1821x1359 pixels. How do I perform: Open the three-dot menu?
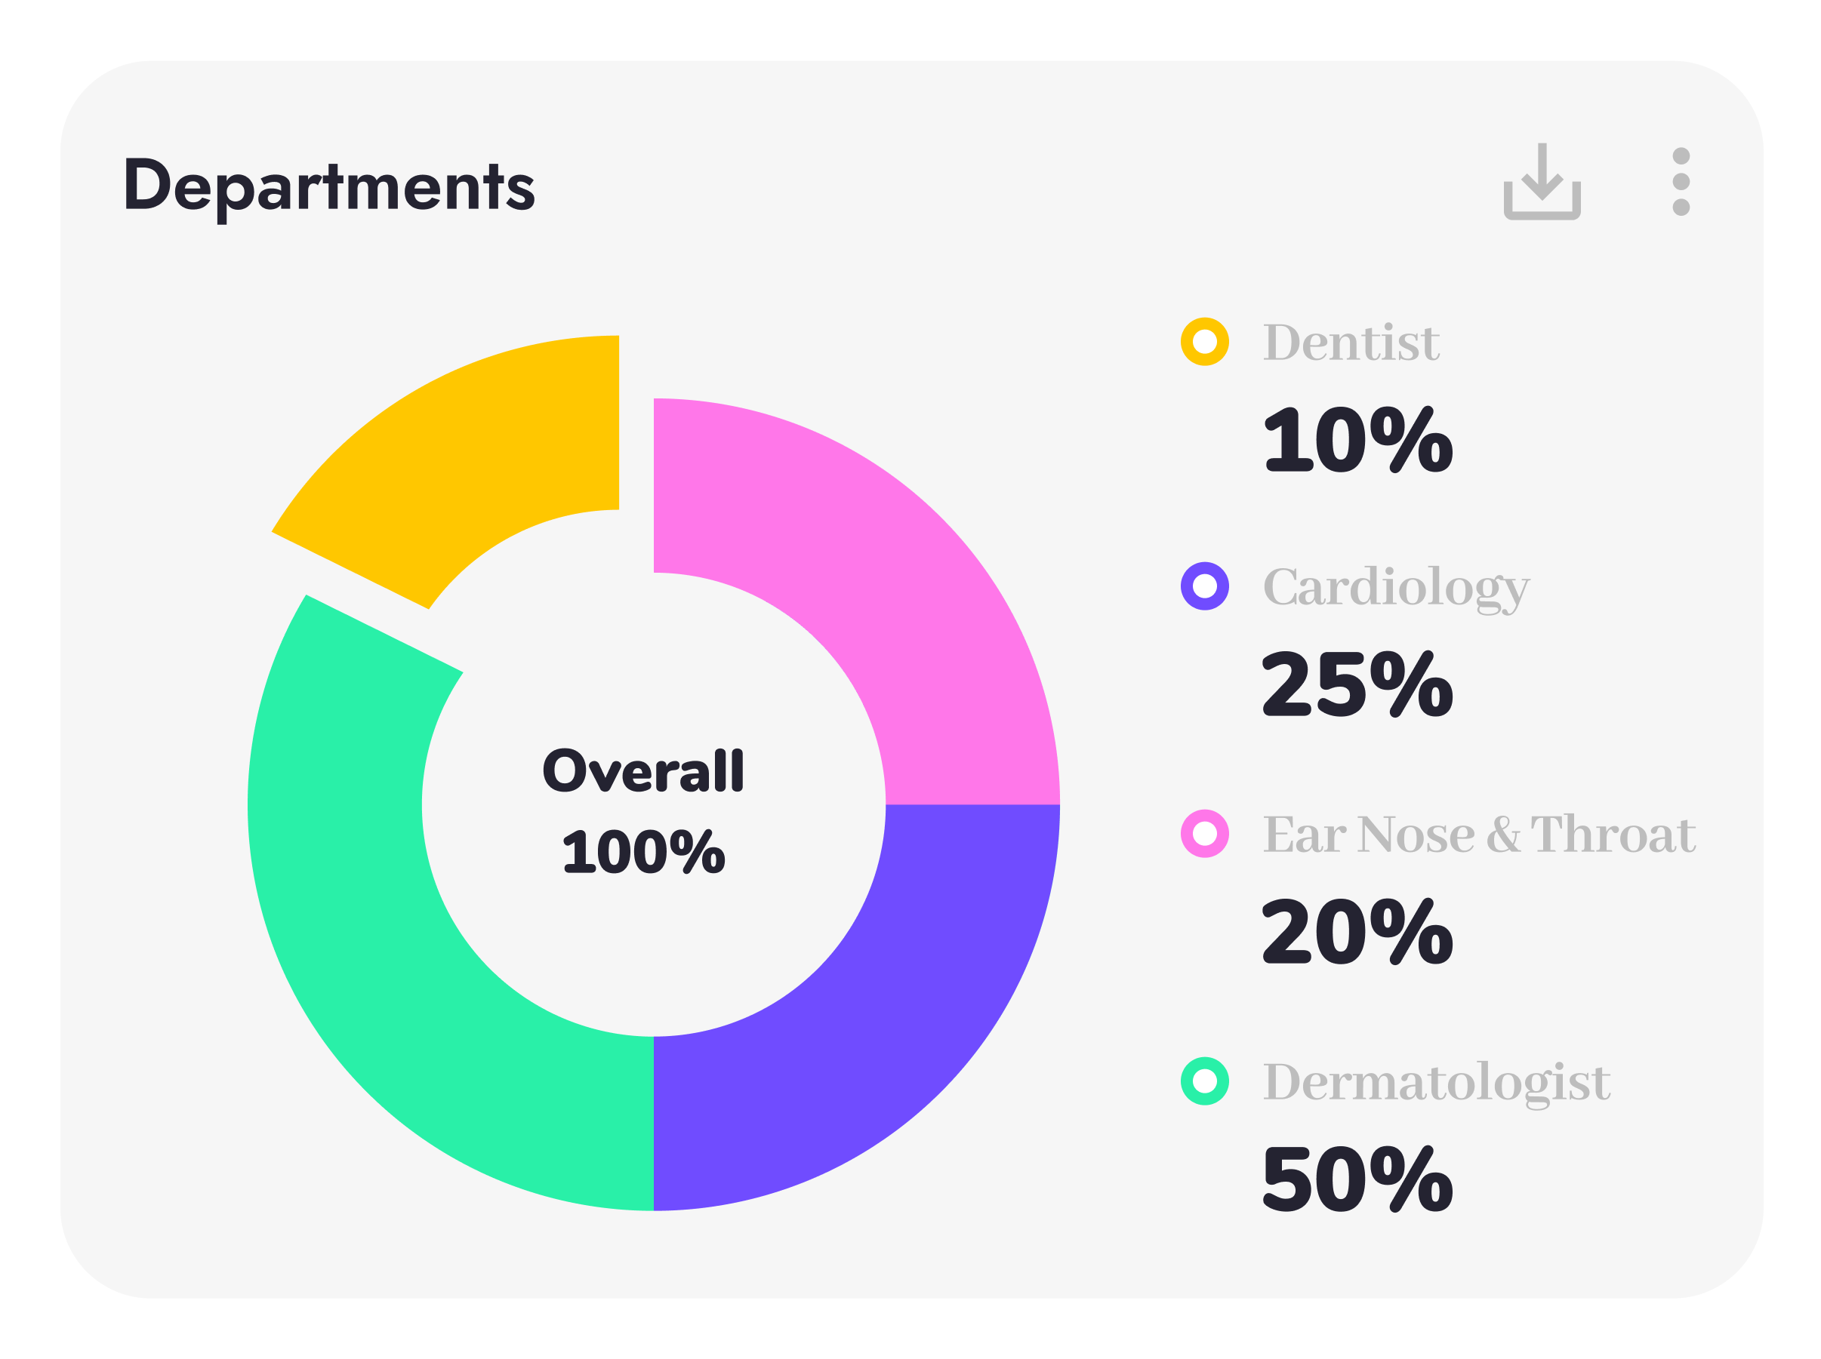point(1681,182)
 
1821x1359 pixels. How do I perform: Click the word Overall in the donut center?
point(642,772)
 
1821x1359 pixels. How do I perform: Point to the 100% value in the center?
point(642,852)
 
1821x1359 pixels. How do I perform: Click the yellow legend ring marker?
point(1205,341)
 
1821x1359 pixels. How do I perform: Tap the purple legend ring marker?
point(1205,586)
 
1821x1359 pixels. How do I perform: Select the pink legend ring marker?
point(1205,833)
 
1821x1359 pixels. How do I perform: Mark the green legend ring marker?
point(1205,1081)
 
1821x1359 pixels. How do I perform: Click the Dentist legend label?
point(1351,343)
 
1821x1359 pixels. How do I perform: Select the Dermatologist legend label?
point(1436,1083)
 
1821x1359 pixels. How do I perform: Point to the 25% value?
point(1357,684)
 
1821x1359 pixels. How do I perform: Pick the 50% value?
point(1357,1179)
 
